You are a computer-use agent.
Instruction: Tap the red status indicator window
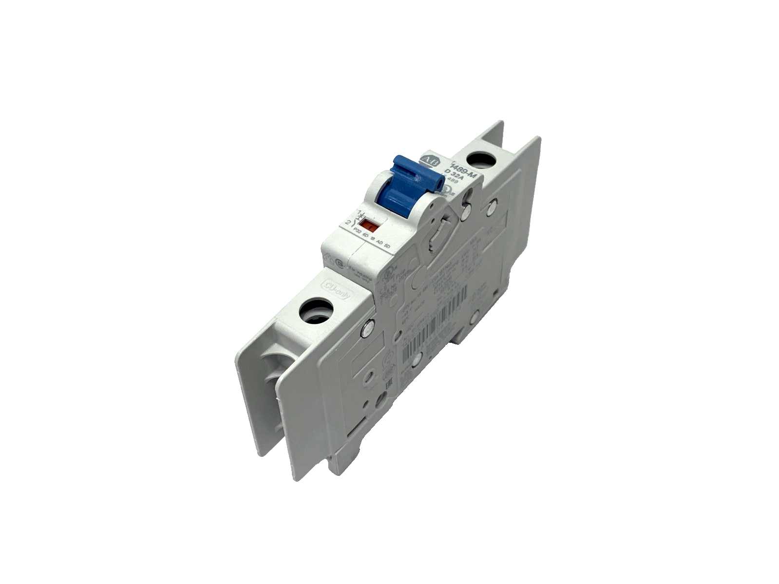tap(371, 226)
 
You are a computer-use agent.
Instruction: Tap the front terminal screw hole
tap(317, 311)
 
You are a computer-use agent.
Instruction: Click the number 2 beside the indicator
tap(347, 223)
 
